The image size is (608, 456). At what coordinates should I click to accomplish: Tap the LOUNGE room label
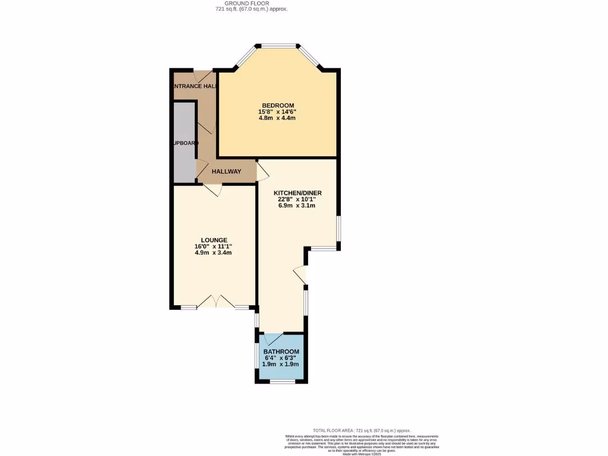[x=213, y=240]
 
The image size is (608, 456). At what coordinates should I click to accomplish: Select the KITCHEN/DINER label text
[x=297, y=193]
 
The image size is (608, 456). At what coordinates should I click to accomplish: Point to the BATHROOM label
[x=281, y=351]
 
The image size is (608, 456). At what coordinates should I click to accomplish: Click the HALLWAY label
[x=227, y=172]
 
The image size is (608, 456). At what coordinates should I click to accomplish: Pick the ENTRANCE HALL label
[x=194, y=86]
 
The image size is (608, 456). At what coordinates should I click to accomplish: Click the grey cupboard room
[x=184, y=142]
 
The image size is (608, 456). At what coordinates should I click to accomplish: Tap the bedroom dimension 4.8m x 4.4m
[x=277, y=118]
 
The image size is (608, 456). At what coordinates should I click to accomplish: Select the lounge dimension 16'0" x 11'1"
[x=213, y=246]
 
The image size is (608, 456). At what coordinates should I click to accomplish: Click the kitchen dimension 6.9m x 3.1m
[x=297, y=206]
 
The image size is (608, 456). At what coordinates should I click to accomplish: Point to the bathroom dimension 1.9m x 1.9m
[x=281, y=365]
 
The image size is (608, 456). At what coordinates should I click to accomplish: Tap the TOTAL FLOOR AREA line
[x=362, y=430]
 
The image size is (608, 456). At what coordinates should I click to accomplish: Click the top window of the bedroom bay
[x=277, y=45]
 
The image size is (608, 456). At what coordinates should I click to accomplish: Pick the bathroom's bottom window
[x=283, y=382]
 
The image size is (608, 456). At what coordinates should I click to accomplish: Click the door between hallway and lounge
[x=213, y=189]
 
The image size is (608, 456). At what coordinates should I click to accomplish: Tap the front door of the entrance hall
[x=204, y=77]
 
